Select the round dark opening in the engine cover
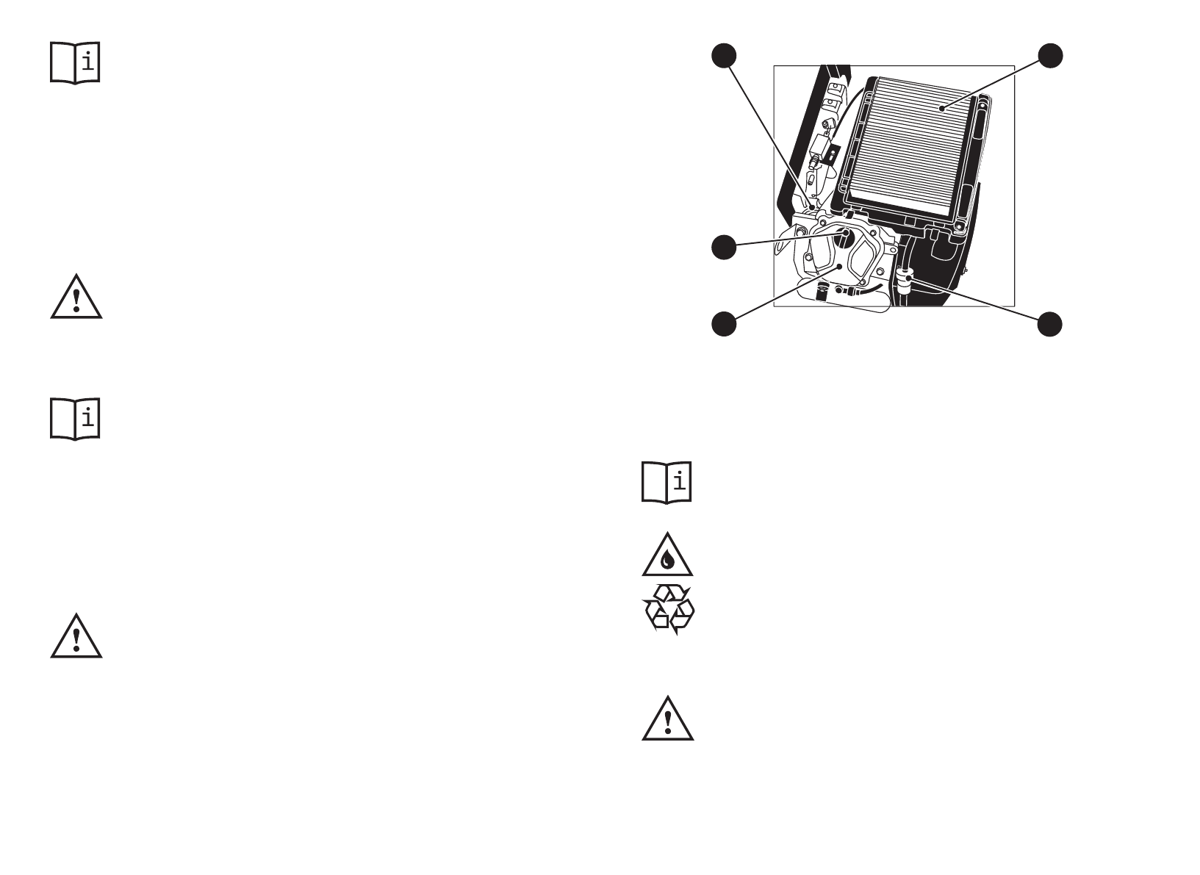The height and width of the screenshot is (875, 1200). tap(845, 237)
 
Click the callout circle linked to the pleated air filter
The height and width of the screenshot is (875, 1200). tap(1050, 56)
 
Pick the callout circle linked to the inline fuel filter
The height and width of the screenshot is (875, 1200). tap(1050, 324)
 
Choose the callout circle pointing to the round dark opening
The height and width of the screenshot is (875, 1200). tap(724, 247)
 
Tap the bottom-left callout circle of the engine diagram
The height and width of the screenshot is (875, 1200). tap(724, 324)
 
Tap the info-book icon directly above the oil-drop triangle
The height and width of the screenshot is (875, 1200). tap(667, 482)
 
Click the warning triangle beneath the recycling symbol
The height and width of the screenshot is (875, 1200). tap(667, 719)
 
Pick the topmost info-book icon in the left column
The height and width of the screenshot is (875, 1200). tap(75, 62)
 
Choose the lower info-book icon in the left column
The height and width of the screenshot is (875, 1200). tap(75, 419)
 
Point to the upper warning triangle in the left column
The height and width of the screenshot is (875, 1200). tap(76, 298)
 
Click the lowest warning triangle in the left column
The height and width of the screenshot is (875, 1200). tap(76, 636)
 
